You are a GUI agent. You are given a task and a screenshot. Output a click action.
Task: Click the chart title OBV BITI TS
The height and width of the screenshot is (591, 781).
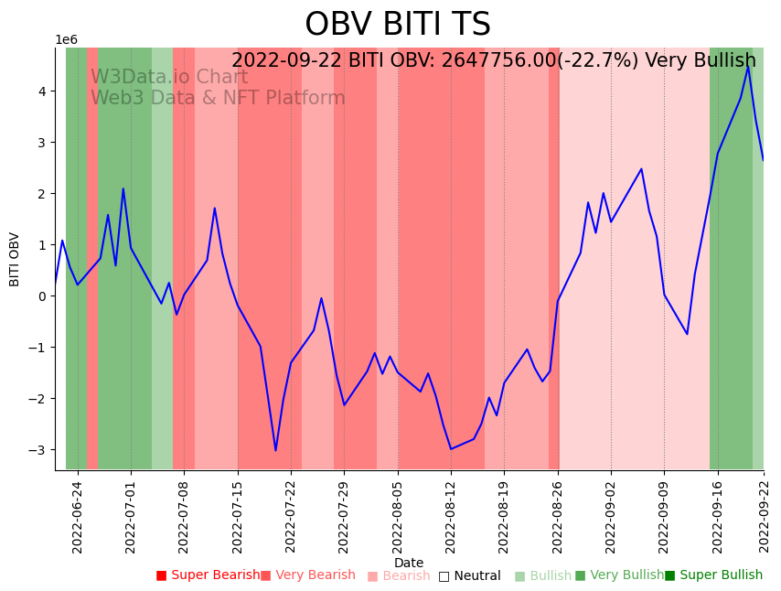pyautogui.click(x=397, y=25)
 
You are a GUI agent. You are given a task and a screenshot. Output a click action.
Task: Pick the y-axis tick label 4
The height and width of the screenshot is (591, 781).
pyautogui.click(x=42, y=91)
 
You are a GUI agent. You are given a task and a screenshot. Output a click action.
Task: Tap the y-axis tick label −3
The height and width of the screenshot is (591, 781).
pyautogui.click(x=38, y=450)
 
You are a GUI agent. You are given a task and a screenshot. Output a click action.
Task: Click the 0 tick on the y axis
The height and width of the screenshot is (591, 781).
pyautogui.click(x=42, y=296)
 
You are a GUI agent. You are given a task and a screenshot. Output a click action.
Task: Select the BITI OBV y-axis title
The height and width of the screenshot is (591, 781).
pyautogui.click(x=15, y=259)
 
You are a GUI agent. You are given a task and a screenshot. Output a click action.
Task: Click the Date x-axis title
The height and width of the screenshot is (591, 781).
pyautogui.click(x=409, y=563)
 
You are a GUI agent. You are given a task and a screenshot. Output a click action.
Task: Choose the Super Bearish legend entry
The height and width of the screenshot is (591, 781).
pyautogui.click(x=209, y=575)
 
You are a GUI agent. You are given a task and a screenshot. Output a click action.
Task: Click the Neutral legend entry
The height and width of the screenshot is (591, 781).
pyautogui.click(x=470, y=575)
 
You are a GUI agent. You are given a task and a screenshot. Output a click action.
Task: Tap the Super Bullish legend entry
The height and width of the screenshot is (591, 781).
pyautogui.click(x=714, y=575)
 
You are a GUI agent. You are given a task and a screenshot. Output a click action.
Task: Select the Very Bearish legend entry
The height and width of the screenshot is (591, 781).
pyautogui.click(x=308, y=575)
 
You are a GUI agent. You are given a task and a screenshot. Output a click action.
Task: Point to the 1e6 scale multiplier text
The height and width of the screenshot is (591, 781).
pyautogui.click(x=67, y=40)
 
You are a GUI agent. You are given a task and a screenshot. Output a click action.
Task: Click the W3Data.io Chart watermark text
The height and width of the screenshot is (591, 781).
pyautogui.click(x=169, y=78)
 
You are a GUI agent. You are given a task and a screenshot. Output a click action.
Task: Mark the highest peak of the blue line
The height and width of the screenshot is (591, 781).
pyautogui.click(x=748, y=66)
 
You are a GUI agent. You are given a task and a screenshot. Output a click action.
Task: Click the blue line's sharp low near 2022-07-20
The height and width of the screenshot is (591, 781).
pyautogui.click(x=275, y=450)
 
